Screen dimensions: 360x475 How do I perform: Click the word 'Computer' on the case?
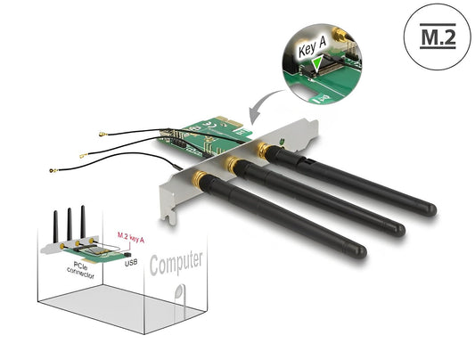[176, 264]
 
